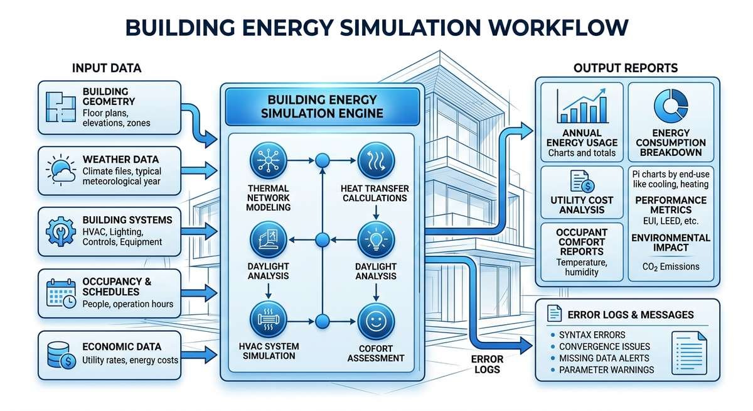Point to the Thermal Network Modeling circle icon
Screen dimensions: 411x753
point(269,161)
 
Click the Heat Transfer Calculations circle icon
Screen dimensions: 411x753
point(374,161)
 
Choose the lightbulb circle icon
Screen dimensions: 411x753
point(375,240)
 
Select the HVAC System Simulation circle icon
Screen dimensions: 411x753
point(269,321)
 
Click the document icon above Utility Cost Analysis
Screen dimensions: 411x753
point(580,181)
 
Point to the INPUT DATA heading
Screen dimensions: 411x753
point(107,68)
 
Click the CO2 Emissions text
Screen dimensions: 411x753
point(671,266)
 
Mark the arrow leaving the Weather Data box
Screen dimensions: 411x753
point(198,169)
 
